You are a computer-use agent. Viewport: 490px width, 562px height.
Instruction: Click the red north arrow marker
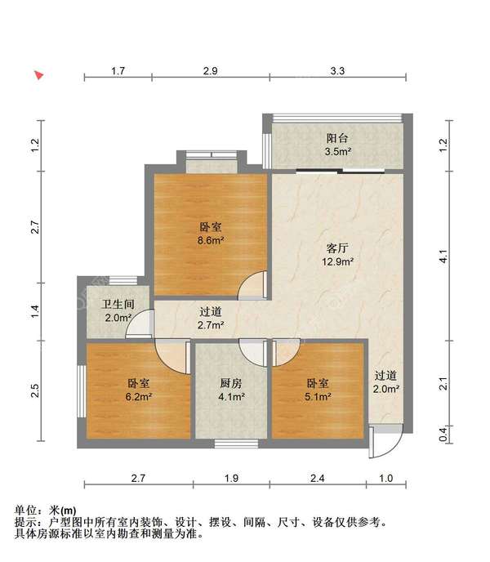click(39, 75)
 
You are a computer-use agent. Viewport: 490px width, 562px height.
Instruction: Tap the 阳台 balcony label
click(337, 138)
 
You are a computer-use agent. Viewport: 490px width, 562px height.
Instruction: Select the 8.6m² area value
click(211, 240)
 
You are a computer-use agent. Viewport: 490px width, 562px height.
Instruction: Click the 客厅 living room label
click(337, 248)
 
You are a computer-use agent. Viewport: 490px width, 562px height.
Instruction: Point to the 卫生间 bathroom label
click(118, 305)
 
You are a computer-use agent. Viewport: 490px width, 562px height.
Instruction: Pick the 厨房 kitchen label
click(231, 383)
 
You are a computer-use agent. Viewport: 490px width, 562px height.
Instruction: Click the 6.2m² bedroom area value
click(139, 397)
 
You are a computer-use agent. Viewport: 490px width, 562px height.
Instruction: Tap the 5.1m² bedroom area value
click(318, 397)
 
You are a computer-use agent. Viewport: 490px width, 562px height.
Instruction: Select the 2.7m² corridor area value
click(211, 325)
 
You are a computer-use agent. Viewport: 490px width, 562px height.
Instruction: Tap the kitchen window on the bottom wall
click(237, 444)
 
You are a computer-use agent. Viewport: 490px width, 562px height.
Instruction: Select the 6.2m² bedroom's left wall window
click(82, 391)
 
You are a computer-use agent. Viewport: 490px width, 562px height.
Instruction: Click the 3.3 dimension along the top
click(337, 71)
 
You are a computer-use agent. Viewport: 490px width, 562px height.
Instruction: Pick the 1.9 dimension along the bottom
click(231, 478)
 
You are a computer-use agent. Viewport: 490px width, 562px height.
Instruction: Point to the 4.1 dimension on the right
click(443, 256)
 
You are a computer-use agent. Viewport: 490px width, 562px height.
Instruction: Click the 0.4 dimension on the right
click(443, 435)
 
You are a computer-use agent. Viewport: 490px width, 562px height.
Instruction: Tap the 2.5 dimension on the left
click(34, 390)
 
